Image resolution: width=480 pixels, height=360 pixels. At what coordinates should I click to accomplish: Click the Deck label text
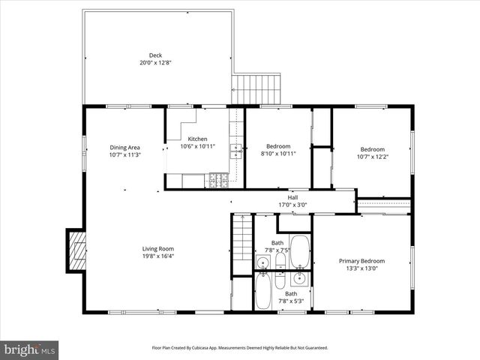(155, 55)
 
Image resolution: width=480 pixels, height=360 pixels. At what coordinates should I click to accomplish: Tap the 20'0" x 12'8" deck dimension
(155, 63)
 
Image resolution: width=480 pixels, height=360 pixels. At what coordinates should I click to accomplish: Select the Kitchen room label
(198, 139)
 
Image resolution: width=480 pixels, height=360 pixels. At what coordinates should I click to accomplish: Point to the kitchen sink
(235, 151)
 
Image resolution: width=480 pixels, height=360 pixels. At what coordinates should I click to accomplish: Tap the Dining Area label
(124, 147)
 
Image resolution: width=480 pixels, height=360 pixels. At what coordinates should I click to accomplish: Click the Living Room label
(158, 249)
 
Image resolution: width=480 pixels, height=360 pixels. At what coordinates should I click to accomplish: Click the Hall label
(292, 197)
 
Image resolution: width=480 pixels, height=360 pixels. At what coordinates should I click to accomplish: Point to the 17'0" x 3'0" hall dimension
(292, 205)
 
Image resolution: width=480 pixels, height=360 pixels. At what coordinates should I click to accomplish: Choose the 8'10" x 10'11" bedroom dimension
(278, 154)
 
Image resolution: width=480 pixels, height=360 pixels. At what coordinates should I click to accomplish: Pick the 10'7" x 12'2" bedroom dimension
(372, 157)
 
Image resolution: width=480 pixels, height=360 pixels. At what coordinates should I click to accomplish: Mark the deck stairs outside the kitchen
(256, 88)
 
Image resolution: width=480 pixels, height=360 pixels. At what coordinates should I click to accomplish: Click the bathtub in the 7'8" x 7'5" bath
(300, 252)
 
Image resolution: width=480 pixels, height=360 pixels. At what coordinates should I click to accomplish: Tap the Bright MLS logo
(29, 349)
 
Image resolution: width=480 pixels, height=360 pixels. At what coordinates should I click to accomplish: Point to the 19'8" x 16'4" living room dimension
(158, 256)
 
